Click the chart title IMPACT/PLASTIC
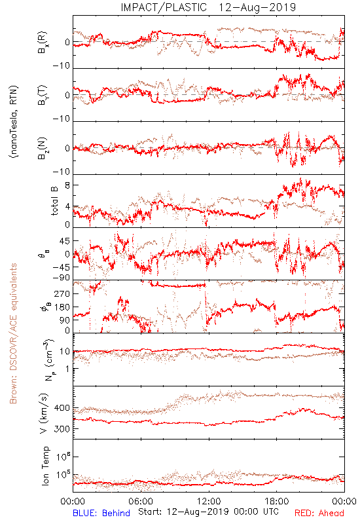(164, 7)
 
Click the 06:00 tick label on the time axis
(141, 501)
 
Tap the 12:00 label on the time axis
(209, 501)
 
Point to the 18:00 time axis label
(277, 501)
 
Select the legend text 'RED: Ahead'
(319, 513)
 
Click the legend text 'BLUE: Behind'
(101, 513)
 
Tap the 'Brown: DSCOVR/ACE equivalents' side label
(13, 333)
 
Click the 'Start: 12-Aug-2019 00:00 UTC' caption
(208, 512)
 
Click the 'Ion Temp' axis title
(45, 466)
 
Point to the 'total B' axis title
(54, 201)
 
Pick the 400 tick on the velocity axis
(62, 408)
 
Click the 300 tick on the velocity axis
(62, 429)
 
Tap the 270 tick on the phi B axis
(62, 293)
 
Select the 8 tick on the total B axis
(68, 185)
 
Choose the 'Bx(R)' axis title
(43, 43)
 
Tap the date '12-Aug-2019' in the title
(257, 7)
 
